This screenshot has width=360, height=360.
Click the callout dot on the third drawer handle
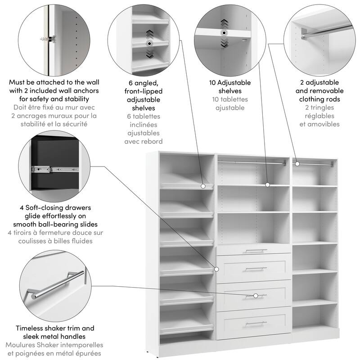pos(256,296)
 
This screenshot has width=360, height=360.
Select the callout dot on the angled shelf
pos(203,185)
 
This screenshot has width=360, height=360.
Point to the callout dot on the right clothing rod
pos(297,164)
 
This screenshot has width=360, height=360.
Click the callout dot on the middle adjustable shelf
pos(267,184)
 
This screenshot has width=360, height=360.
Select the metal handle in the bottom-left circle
pos(56,283)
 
